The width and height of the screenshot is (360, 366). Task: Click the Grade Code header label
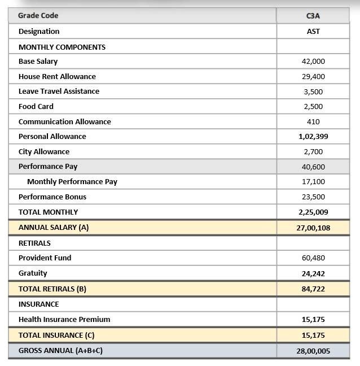coord(38,15)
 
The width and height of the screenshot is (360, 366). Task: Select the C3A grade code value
coord(313,16)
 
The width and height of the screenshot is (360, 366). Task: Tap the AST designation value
coord(313,32)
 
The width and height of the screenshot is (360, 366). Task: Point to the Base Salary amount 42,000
coord(313,62)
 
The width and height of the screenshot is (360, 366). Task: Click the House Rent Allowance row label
coord(57,76)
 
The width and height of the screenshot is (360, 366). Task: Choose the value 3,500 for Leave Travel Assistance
coord(313,91)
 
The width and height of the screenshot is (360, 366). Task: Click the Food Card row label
coord(36,106)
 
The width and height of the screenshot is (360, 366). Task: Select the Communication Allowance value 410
coord(313,121)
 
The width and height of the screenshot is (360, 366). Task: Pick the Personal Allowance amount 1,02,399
coord(313,137)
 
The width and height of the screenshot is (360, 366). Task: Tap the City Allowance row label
coord(44,151)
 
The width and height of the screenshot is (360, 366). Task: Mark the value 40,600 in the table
coord(313,167)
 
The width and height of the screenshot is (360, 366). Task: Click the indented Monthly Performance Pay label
coord(72,182)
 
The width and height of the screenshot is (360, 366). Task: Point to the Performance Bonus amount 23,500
coord(313,197)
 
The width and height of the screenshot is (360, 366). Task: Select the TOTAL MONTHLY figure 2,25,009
coord(313,212)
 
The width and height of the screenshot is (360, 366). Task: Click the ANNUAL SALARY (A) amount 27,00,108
coord(313,228)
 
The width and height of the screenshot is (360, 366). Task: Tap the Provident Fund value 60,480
coord(313,258)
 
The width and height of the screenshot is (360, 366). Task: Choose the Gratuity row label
coord(33,273)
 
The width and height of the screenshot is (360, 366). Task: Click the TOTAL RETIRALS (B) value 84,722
coord(313,289)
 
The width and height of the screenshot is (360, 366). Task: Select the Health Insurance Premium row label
coord(64,319)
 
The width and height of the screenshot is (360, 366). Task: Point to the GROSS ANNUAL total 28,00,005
coord(313,351)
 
